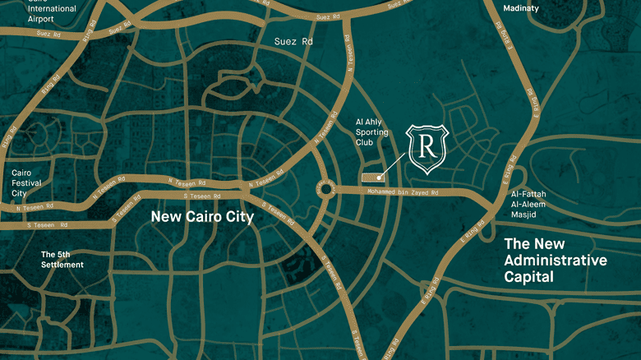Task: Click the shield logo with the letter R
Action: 427,149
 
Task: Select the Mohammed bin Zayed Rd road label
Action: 403,193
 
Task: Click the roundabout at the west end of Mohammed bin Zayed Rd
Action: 325,190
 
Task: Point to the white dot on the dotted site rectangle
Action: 379,176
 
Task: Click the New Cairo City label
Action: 202,217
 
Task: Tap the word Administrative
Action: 556,261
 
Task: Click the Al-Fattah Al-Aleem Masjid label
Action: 528,204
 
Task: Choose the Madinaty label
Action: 520,8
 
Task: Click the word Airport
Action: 40,18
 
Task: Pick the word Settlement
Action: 62,265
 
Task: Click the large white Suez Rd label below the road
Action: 293,40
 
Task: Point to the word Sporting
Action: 370,132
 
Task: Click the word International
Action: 52,8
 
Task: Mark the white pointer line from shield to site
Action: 394,164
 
